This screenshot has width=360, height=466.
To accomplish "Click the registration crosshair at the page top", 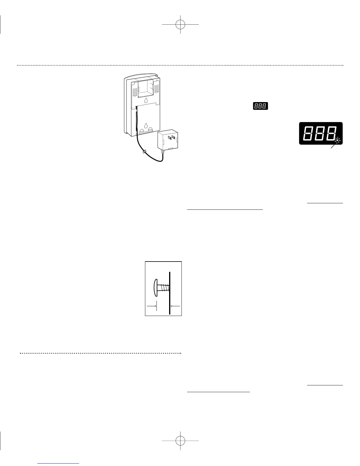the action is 180,24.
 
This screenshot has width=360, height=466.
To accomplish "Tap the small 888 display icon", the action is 260,106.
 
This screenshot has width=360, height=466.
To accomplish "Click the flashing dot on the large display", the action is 337,140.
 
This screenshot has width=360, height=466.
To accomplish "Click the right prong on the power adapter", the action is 173,137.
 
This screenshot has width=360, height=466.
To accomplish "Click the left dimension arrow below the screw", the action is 151,306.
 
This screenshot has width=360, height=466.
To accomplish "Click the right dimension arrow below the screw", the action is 175,306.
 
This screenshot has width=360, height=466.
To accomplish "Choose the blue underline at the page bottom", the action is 59,464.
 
